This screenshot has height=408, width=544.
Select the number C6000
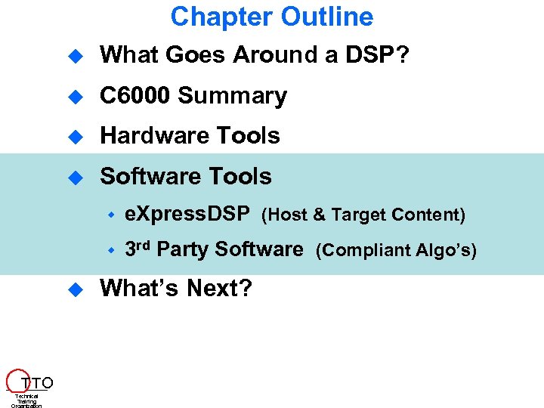[x=136, y=96]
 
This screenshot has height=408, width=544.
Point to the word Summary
[x=233, y=96]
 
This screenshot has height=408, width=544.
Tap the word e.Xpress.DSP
[x=187, y=215]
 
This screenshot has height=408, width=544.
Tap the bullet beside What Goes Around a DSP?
[x=75, y=56]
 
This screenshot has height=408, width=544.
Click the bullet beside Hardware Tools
[x=75, y=137]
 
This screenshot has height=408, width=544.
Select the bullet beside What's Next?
[x=75, y=289]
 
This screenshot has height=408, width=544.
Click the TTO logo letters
[x=37, y=382]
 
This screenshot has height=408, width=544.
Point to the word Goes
[x=196, y=55]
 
